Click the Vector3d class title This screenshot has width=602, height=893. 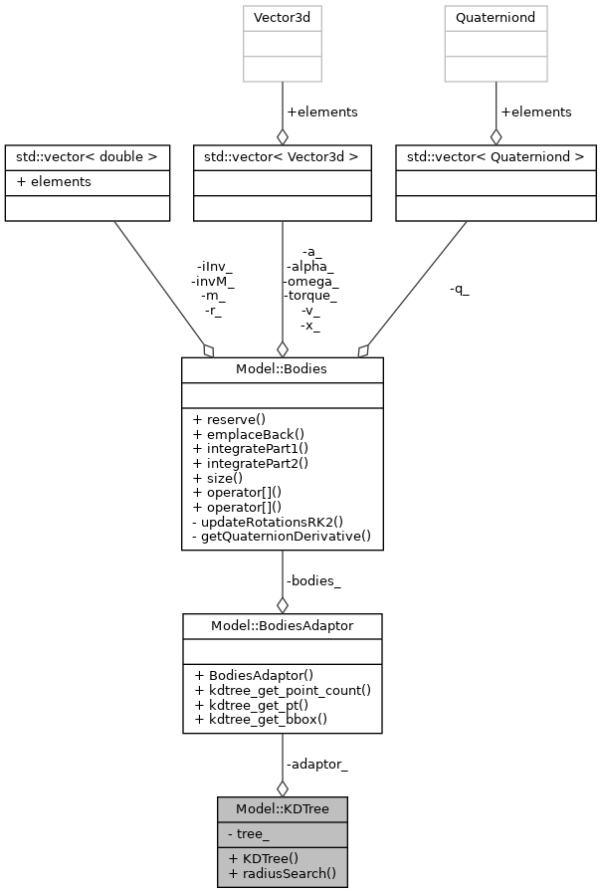pos(283,18)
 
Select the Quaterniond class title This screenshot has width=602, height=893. pos(496,18)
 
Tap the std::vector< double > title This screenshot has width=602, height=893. pos(85,157)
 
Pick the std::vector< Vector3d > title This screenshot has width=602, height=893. pos(283,157)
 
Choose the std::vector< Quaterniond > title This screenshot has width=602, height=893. pos(496,157)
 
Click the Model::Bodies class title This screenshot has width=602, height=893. pos(282,369)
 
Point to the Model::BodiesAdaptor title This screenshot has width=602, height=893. pos(282,625)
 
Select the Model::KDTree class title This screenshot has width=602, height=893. pos(283,809)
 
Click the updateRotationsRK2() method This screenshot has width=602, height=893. pos(271,521)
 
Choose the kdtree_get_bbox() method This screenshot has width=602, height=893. pos(261,719)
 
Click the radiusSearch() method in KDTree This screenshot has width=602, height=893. pos(283,874)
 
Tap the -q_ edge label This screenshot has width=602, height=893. pos(460,290)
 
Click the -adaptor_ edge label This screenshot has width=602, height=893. pos(316,765)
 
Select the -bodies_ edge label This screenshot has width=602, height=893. pos(313,580)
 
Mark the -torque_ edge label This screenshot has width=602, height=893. pos(311,296)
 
